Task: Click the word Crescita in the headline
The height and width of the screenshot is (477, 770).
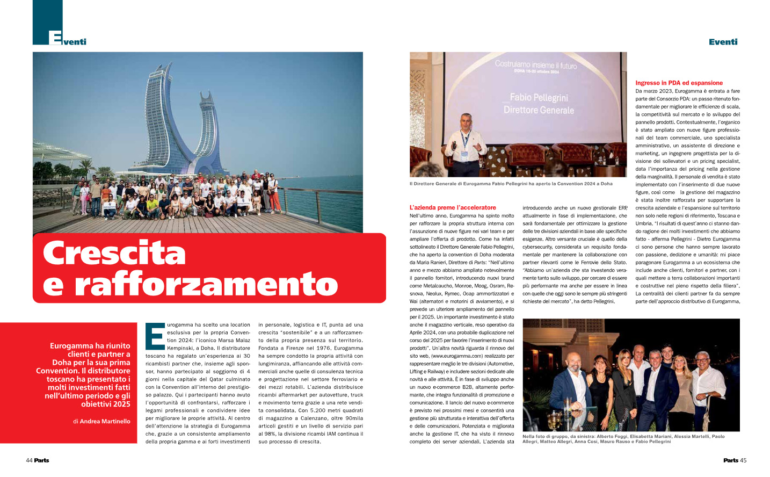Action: point(114,253)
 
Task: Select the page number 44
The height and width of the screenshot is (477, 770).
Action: point(29,460)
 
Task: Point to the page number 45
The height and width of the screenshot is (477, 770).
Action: point(743,460)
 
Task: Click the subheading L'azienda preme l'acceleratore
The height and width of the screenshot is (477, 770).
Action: point(453,207)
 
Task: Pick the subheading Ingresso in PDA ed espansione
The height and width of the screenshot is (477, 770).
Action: point(679,83)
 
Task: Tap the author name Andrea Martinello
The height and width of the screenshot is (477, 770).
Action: point(105,422)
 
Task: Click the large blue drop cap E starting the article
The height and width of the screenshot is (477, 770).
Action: point(155,336)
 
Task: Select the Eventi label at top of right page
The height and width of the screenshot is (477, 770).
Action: point(723,42)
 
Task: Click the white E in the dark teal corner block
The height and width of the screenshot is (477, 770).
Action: point(55,38)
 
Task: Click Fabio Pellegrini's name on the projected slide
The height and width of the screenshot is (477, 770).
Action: point(539,97)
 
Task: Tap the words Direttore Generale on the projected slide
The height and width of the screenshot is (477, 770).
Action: point(539,110)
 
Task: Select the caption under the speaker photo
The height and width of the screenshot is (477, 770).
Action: point(511,184)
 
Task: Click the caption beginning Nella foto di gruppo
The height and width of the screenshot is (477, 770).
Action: point(623,439)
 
